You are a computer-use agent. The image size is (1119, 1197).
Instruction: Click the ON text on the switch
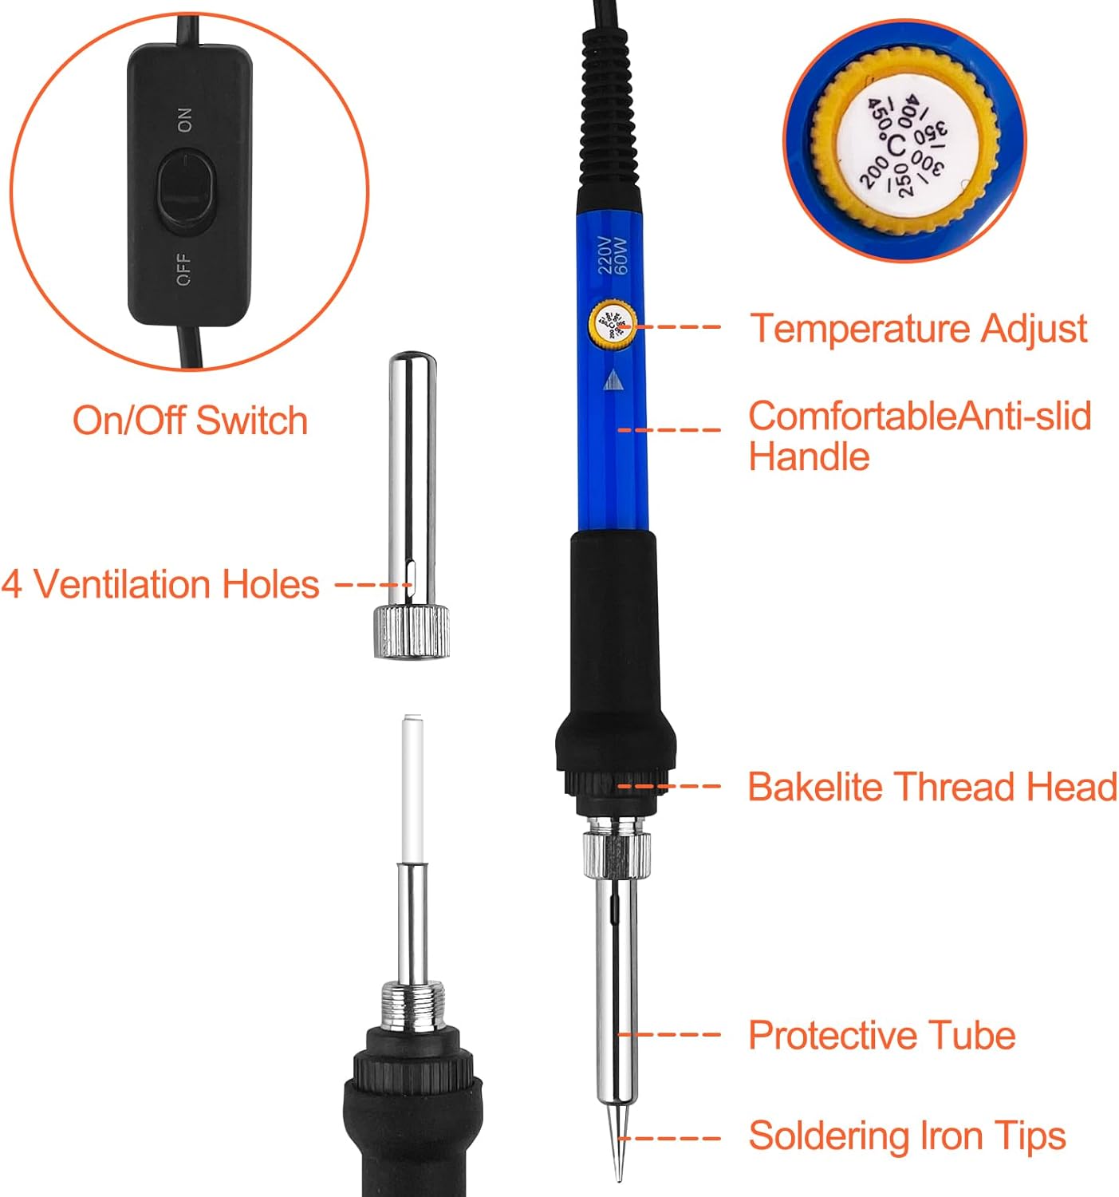pos(185,120)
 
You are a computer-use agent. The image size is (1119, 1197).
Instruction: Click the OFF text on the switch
pos(183,269)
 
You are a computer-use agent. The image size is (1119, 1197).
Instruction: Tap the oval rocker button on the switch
pos(186,192)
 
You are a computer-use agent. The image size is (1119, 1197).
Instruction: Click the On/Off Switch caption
pos(191,420)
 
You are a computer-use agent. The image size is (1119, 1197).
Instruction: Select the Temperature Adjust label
pos(918,329)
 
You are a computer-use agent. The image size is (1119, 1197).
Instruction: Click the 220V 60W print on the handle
pos(613,255)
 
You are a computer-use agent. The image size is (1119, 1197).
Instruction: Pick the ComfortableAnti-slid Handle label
pos(920,436)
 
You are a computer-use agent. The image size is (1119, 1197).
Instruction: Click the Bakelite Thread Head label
pos(932,787)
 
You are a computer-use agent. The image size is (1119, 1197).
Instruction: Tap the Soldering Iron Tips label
pos(907,1136)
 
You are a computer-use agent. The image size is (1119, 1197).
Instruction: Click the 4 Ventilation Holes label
pos(160,584)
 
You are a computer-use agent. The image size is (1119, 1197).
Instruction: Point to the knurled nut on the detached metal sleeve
pos(411,632)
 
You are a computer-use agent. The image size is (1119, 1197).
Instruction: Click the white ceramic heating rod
pos(413,788)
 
